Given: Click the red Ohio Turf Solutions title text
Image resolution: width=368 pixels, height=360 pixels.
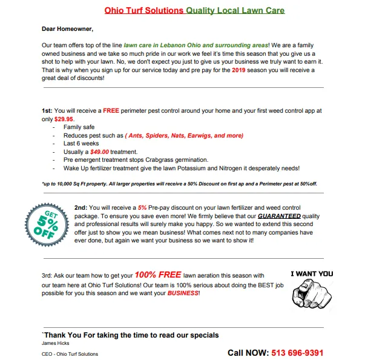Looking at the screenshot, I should coord(144,10).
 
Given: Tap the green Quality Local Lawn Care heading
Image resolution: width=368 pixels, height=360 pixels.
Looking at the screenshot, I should coord(235,10).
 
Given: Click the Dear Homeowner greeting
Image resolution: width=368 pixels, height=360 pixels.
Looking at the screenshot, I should coord(68,28).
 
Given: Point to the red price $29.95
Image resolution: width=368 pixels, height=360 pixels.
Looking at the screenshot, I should coord(64,119).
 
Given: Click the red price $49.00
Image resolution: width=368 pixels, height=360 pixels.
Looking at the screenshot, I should coord(99,152).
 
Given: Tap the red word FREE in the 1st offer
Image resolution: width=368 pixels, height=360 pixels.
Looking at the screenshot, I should coord(111,111).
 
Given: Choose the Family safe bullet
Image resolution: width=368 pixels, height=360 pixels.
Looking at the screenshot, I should coord(81,127).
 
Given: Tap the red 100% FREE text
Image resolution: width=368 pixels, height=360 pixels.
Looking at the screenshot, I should coord(158,274).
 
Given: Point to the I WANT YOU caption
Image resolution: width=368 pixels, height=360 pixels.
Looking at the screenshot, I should coord(311,274).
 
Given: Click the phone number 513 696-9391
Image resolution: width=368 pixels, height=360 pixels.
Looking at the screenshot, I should coord(297,352).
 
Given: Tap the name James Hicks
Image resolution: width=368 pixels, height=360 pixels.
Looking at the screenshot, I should coord(55,343).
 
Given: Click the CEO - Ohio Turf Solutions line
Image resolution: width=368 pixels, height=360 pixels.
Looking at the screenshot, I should coord(70,354).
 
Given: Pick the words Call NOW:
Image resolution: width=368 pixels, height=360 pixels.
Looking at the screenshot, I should coord(247,352).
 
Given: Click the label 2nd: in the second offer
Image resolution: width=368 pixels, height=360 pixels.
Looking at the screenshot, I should coord(82,207).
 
